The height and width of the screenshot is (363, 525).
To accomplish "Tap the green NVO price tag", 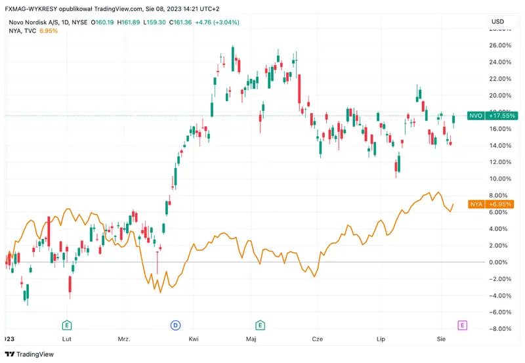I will [x=476, y=116].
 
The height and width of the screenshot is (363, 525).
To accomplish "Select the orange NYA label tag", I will [x=476, y=204].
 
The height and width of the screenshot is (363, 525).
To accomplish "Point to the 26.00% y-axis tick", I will [x=500, y=45].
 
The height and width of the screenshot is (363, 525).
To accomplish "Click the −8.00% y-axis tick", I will [x=500, y=329].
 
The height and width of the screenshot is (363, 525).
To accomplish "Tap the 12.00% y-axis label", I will [x=500, y=162].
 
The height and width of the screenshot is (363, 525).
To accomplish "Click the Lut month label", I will [x=66, y=339].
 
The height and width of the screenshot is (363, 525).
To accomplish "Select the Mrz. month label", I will [x=123, y=339].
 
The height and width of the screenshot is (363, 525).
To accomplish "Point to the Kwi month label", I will [x=194, y=339].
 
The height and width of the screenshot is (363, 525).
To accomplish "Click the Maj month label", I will [x=251, y=339].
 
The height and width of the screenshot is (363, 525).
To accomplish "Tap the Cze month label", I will [x=318, y=339].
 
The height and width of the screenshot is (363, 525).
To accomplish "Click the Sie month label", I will [x=441, y=339].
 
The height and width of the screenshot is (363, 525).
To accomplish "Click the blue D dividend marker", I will [x=175, y=325].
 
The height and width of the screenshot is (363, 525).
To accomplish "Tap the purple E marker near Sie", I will [x=463, y=325].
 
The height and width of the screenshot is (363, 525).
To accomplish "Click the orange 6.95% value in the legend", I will [x=49, y=31].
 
